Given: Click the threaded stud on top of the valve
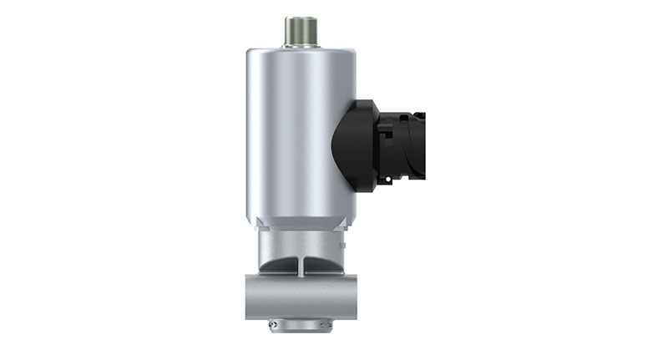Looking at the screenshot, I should click(298, 32).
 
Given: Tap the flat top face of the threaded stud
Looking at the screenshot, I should click(298, 19).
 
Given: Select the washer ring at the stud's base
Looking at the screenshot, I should click(298, 44).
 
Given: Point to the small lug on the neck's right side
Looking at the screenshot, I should click(342, 245).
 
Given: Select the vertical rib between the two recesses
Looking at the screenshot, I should click(302, 266).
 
